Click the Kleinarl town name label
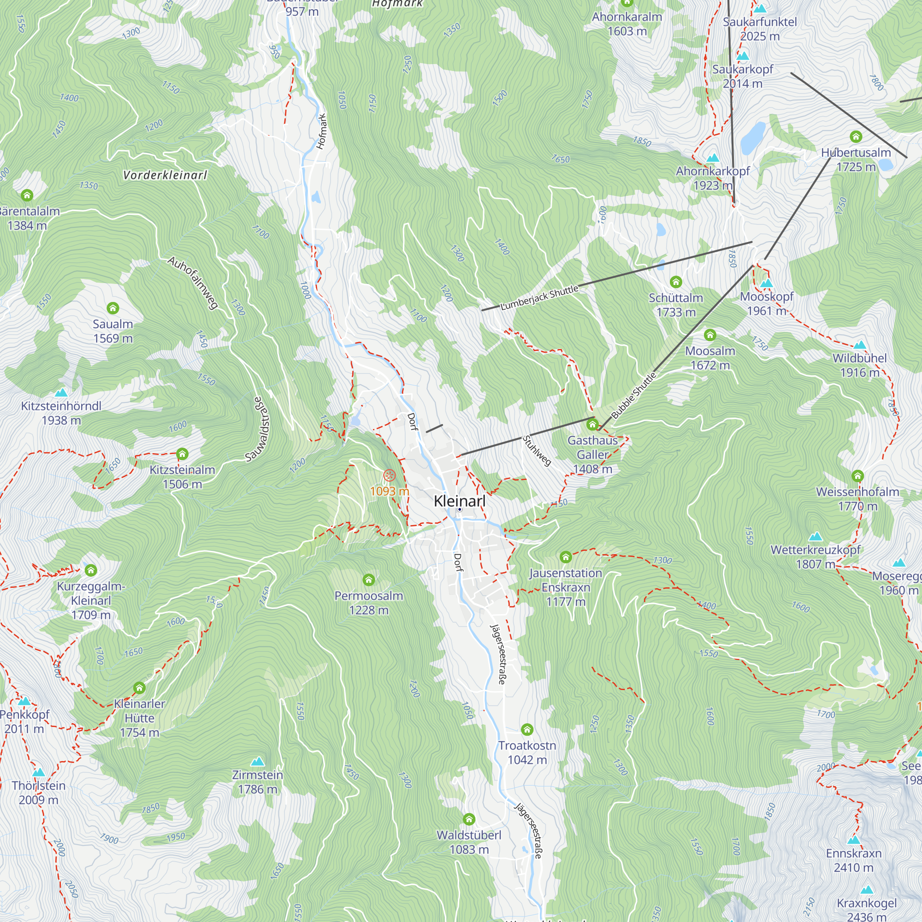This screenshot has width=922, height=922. tap(460, 501)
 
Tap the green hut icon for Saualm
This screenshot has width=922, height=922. tap(112, 308)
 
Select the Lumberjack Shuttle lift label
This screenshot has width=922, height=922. tap(539, 297)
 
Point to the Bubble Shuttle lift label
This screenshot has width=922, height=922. tap(634, 395)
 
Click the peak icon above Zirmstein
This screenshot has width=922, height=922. tap(257, 761)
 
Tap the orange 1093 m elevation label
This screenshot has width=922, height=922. tap(390, 491)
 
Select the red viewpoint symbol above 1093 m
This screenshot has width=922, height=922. tap(390, 475)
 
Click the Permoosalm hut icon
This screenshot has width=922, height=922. tap(368, 580)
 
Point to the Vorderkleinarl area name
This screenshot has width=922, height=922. tap(165, 175)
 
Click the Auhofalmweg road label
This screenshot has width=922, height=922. tap(193, 283)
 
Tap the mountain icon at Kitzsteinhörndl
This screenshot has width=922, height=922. tap(61, 393)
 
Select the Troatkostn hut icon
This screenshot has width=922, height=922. tap(527, 730)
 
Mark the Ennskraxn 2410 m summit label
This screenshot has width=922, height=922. tap(853, 860)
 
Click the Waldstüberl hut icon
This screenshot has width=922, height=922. tap(469, 819)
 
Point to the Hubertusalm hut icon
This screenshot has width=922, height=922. tap(856, 137)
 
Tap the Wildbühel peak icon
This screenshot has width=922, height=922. tap(859, 345)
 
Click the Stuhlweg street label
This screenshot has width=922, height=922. tap(537, 450)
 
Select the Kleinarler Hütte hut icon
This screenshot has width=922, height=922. tap(139, 688)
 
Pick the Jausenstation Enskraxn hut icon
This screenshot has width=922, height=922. tap(566, 557)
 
